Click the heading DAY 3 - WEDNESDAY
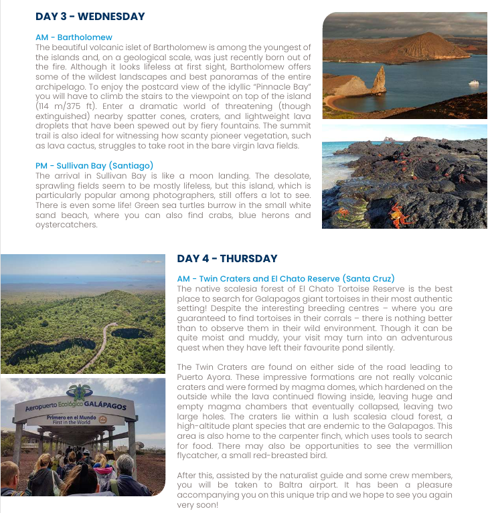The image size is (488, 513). [90, 17]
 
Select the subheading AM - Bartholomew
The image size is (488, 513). [74, 37]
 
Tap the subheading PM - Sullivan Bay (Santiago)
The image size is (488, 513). [94, 166]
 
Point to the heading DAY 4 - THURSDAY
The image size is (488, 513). [227, 259]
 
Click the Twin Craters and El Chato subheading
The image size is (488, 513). [286, 279]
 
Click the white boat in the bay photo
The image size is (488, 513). [474, 82]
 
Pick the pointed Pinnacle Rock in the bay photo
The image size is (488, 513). [380, 81]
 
